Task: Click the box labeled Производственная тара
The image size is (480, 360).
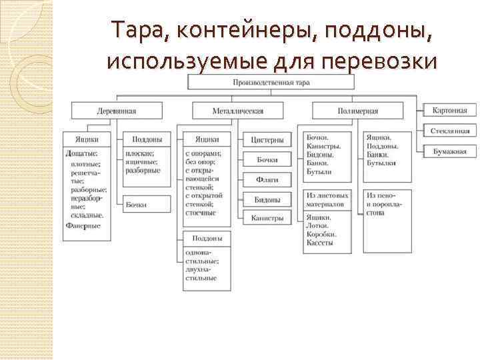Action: [x=271, y=83]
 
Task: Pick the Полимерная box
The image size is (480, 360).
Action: [x=358, y=111]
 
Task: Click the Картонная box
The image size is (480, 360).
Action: [x=449, y=110]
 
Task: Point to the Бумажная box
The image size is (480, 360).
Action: [x=449, y=152]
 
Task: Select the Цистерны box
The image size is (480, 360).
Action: [x=267, y=140]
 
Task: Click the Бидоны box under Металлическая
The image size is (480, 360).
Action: [x=267, y=199]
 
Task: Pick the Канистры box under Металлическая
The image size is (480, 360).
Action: [x=267, y=217]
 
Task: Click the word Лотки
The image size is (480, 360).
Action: [x=319, y=226]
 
